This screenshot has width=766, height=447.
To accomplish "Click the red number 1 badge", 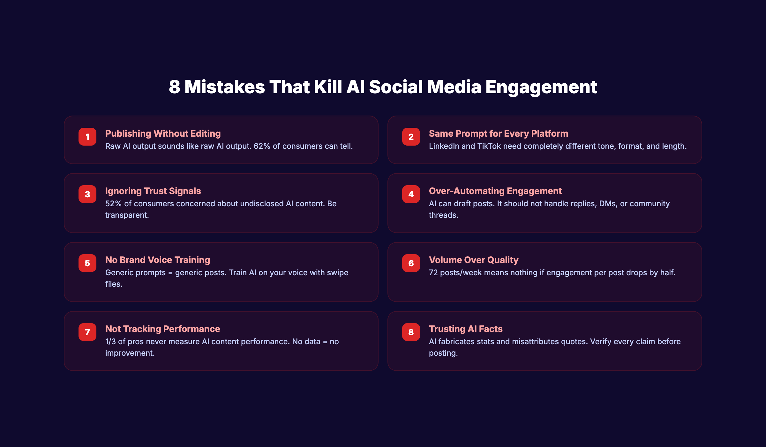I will [x=87, y=137].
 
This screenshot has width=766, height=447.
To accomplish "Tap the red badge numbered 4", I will [x=411, y=194].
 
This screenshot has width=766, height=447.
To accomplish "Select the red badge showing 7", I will [x=87, y=332].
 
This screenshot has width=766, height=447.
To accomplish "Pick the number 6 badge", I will [x=411, y=263].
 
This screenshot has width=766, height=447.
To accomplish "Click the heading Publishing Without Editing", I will [x=163, y=133].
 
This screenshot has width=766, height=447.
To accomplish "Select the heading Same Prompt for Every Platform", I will [x=498, y=133].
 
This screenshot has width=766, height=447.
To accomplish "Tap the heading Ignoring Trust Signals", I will [x=153, y=191].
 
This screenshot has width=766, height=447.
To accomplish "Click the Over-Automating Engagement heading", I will [x=495, y=191].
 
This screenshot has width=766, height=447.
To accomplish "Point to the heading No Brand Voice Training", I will [x=157, y=260].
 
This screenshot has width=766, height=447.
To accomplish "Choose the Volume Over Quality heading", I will [x=473, y=260].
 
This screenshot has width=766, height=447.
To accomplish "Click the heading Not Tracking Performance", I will [x=162, y=329].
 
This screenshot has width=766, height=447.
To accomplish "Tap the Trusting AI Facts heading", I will [x=465, y=329].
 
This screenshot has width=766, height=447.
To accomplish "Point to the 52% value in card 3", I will [x=113, y=204].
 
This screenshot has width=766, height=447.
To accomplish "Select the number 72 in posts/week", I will [x=433, y=273].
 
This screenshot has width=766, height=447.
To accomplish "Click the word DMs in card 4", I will [x=607, y=204].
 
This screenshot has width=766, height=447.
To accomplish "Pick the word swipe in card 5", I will [x=337, y=273].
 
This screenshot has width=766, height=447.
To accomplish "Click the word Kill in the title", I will [x=328, y=87].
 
